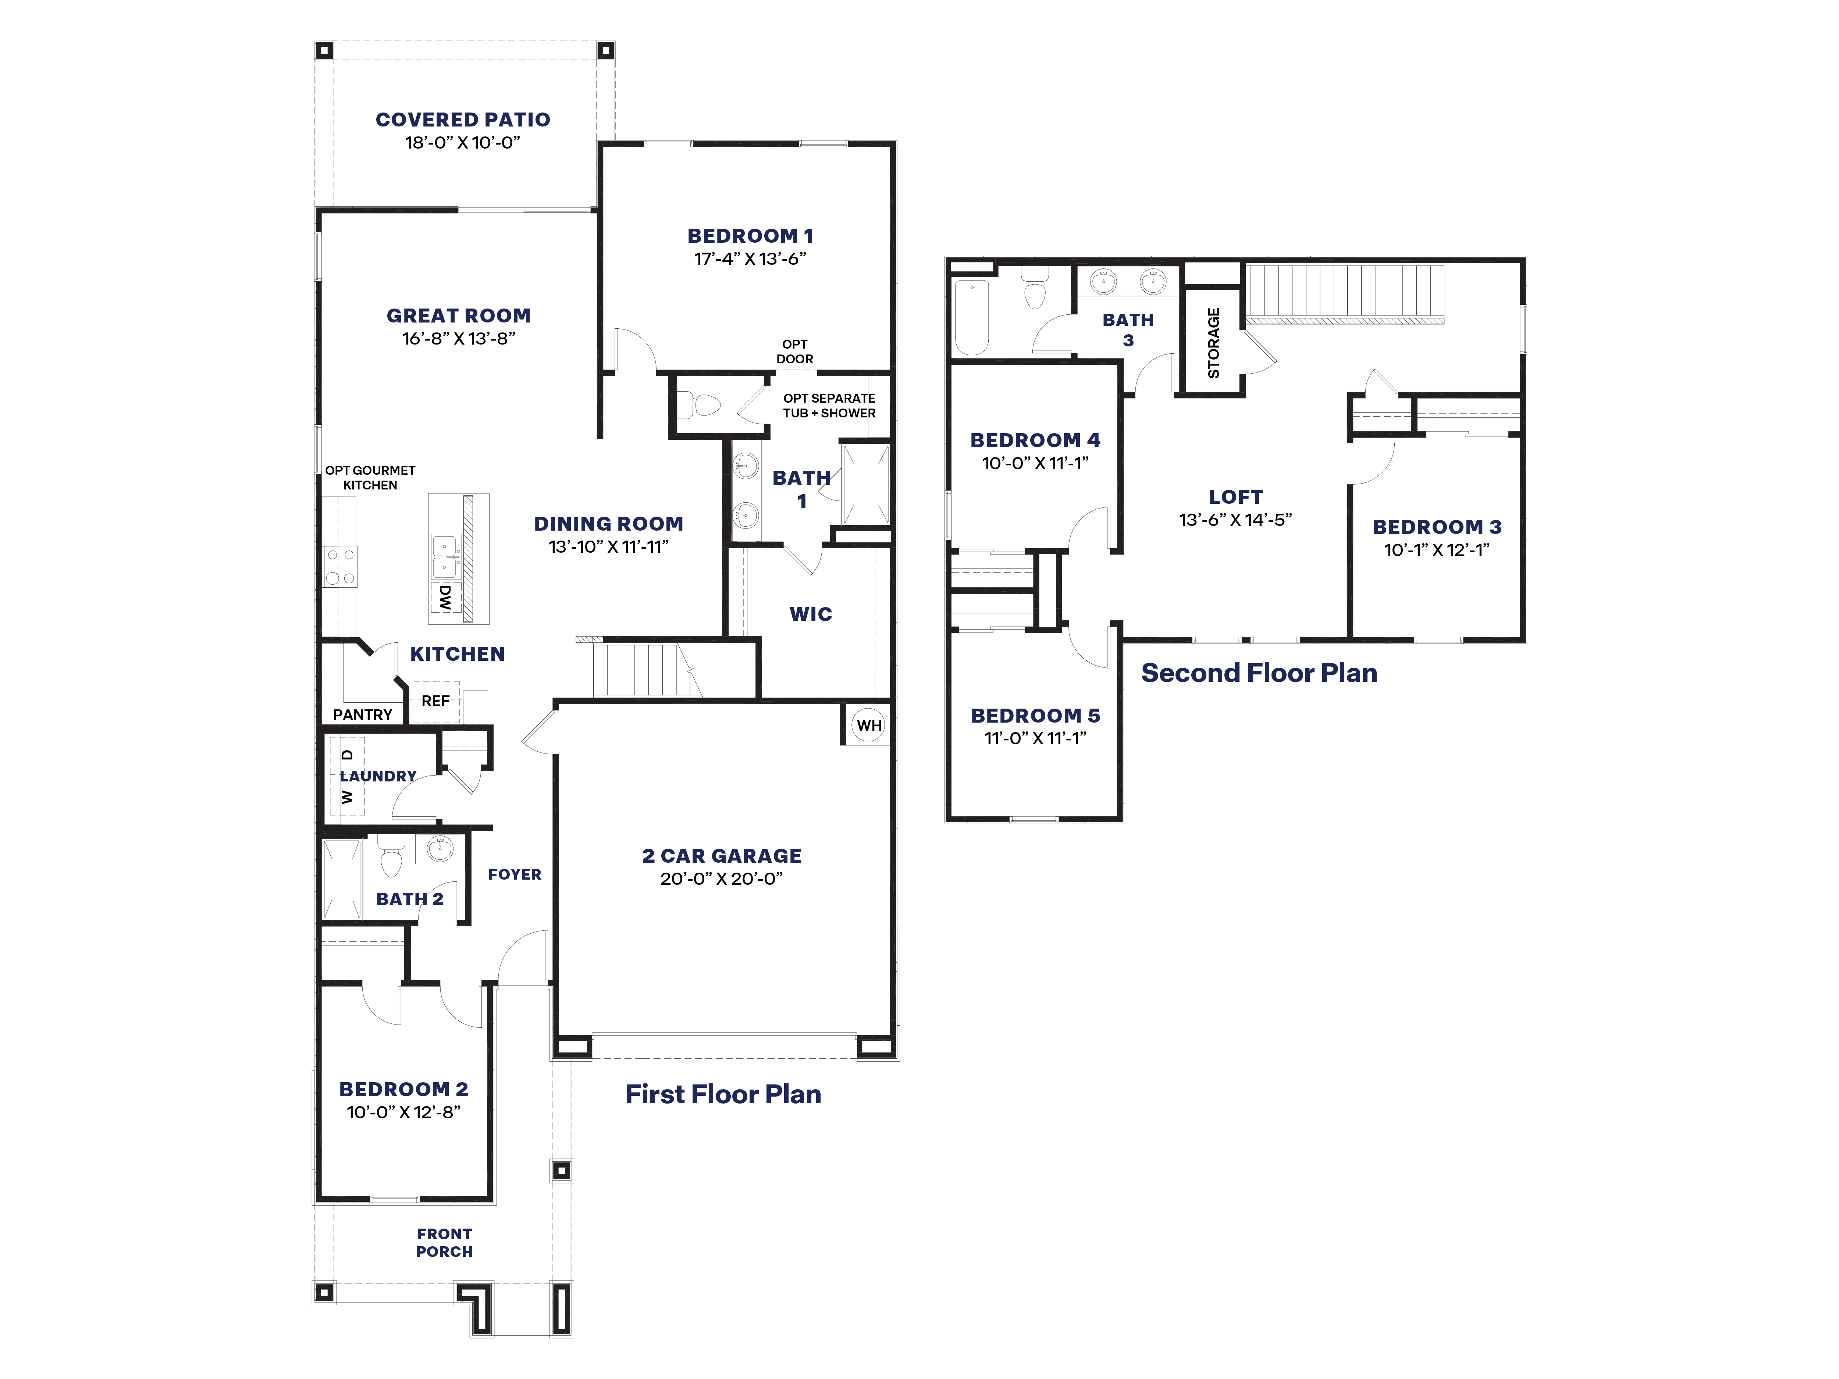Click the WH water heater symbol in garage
coord(869,725)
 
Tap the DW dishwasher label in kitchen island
coord(445,597)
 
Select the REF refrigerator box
coord(435,701)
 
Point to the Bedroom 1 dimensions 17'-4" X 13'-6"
coord(750,259)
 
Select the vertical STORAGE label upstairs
coord(1213,343)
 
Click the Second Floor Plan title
coord(1259,673)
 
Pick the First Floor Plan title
coord(722,1094)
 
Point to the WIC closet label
coord(811,614)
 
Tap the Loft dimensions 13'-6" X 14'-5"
coord(1235,520)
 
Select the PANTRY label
coord(363,714)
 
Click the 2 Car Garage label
coord(722,855)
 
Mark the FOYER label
coord(515,874)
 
